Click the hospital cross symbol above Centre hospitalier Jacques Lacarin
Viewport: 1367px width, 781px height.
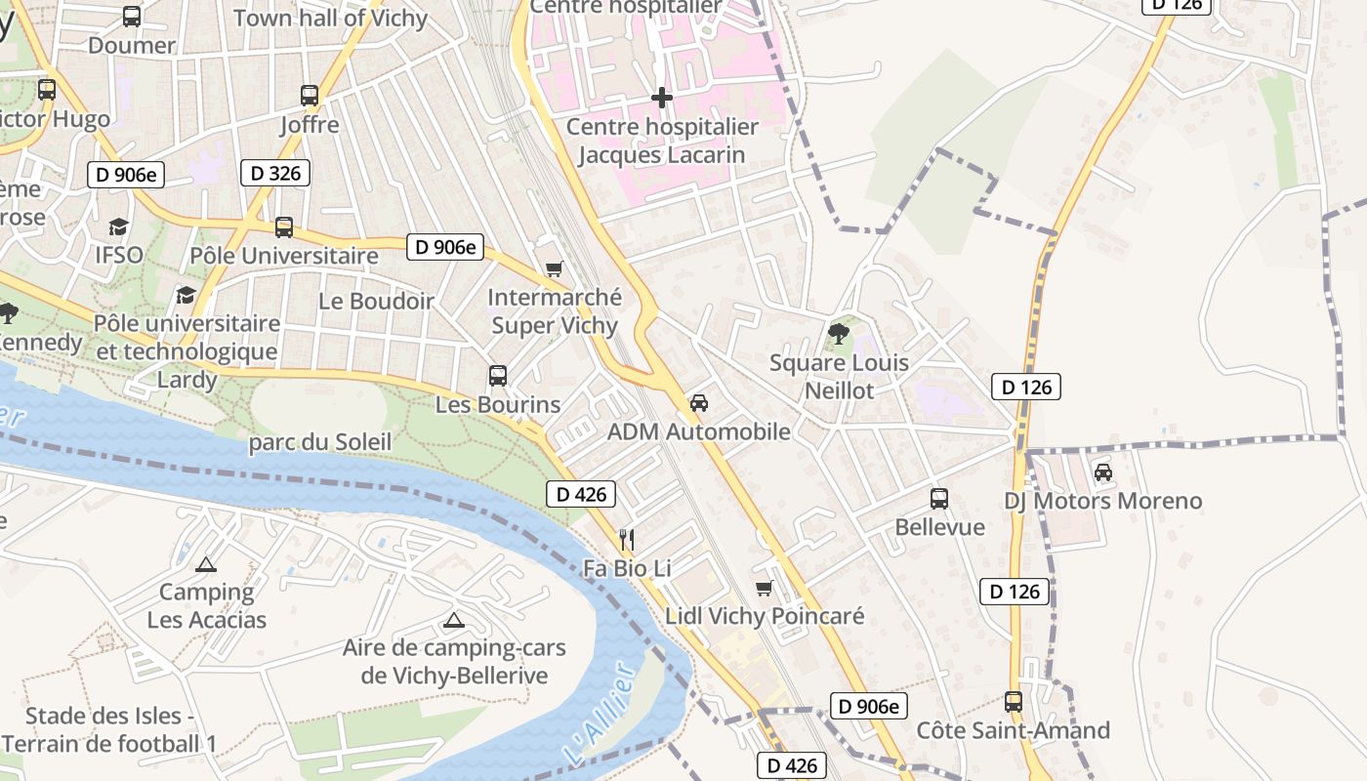(662, 98)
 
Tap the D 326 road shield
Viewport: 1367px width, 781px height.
(275, 173)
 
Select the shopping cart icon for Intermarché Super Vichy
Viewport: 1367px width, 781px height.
(555, 268)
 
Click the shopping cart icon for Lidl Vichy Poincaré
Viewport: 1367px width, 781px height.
(765, 588)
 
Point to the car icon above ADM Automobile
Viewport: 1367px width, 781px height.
(699, 402)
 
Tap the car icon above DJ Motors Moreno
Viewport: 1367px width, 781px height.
(1103, 473)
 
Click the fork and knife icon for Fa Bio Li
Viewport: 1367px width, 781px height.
(627, 538)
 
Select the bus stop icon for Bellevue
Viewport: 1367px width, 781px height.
(939, 499)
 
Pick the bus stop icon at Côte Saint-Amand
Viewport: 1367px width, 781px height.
(1014, 702)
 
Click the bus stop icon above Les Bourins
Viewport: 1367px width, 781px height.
(498, 376)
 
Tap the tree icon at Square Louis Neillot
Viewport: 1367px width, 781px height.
(838, 334)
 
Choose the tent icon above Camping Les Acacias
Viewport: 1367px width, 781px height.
(206, 564)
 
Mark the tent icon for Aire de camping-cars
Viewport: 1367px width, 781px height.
(454, 620)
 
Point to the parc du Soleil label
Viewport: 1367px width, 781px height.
(320, 442)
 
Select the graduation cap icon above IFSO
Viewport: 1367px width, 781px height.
(118, 226)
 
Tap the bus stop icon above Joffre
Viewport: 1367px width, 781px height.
(310, 96)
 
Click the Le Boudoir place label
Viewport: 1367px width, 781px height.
(376, 301)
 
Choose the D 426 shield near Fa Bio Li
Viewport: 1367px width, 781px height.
(581, 494)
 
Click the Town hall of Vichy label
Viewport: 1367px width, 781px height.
(330, 19)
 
